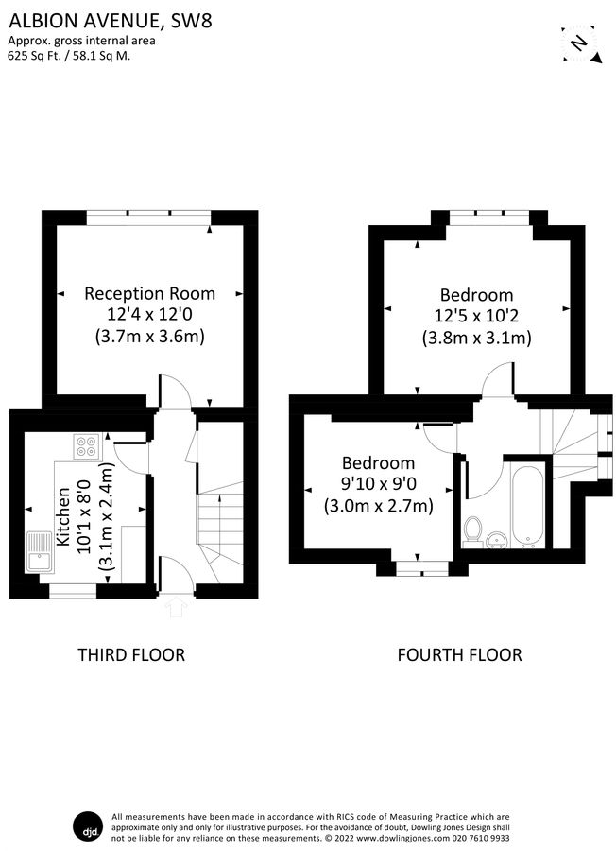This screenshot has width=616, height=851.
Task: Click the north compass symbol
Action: click(579, 43)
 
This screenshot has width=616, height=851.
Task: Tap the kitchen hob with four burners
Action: click(85, 444)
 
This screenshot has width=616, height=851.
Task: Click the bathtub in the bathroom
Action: click(526, 503)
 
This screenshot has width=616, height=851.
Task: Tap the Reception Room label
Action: click(149, 293)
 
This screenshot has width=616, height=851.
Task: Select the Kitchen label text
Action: click(63, 518)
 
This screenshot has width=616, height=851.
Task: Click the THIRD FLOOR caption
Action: click(130, 654)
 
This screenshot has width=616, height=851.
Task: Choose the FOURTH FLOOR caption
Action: click(459, 654)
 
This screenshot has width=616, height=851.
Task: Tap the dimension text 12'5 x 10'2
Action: click(475, 316)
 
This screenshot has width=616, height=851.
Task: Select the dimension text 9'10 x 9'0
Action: click(378, 484)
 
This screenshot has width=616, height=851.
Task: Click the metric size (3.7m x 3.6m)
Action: click(149, 336)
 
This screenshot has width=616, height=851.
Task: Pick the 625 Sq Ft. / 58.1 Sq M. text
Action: click(69, 55)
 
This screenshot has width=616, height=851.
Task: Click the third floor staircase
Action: click(219, 530)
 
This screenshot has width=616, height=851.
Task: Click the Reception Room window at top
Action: click(149, 217)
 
